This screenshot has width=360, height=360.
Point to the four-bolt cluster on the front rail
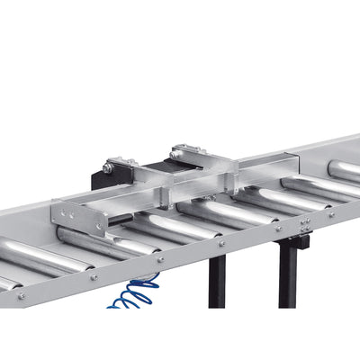point(306,224)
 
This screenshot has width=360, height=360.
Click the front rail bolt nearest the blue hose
point(160,260)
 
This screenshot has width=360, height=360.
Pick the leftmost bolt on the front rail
point(20,294)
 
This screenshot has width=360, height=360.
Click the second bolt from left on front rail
point(94,276)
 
